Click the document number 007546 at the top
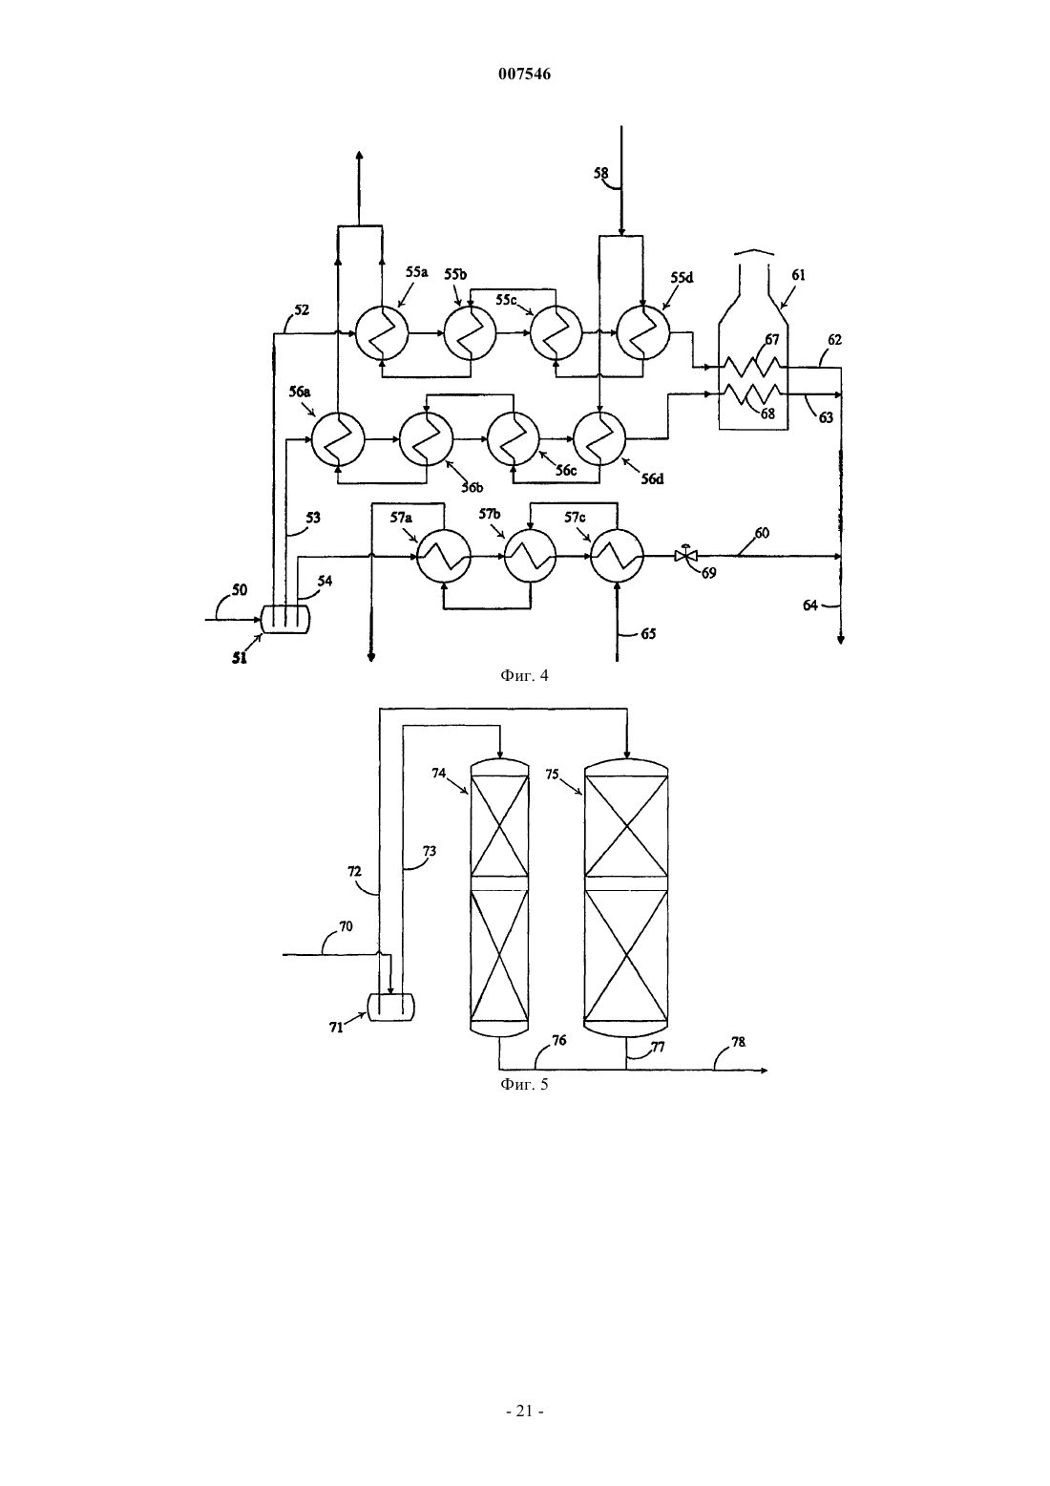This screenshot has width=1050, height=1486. pos(524,74)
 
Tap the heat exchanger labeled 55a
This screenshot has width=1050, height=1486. pos(382,333)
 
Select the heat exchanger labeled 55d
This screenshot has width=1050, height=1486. pos(643,333)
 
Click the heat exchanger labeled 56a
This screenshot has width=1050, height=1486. pos(338,439)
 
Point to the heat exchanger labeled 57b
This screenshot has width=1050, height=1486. pos(531,557)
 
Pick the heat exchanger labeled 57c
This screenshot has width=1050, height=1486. pos(618,557)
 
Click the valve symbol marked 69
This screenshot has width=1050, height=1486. pos(686,555)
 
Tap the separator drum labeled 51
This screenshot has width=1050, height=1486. pos(285,620)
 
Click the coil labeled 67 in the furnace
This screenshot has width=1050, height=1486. pos(751,366)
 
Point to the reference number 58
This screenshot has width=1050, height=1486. pos(600,173)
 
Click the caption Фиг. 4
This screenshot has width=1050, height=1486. pos(524,676)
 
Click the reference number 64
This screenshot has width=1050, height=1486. pos(810,605)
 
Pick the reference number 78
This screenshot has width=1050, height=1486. pos(738,1042)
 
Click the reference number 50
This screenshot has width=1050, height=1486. pos(240,590)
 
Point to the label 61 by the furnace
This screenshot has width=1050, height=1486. pos(798,275)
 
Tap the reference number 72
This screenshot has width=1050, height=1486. pos(355,871)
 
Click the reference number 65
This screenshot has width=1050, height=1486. pos(648,634)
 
